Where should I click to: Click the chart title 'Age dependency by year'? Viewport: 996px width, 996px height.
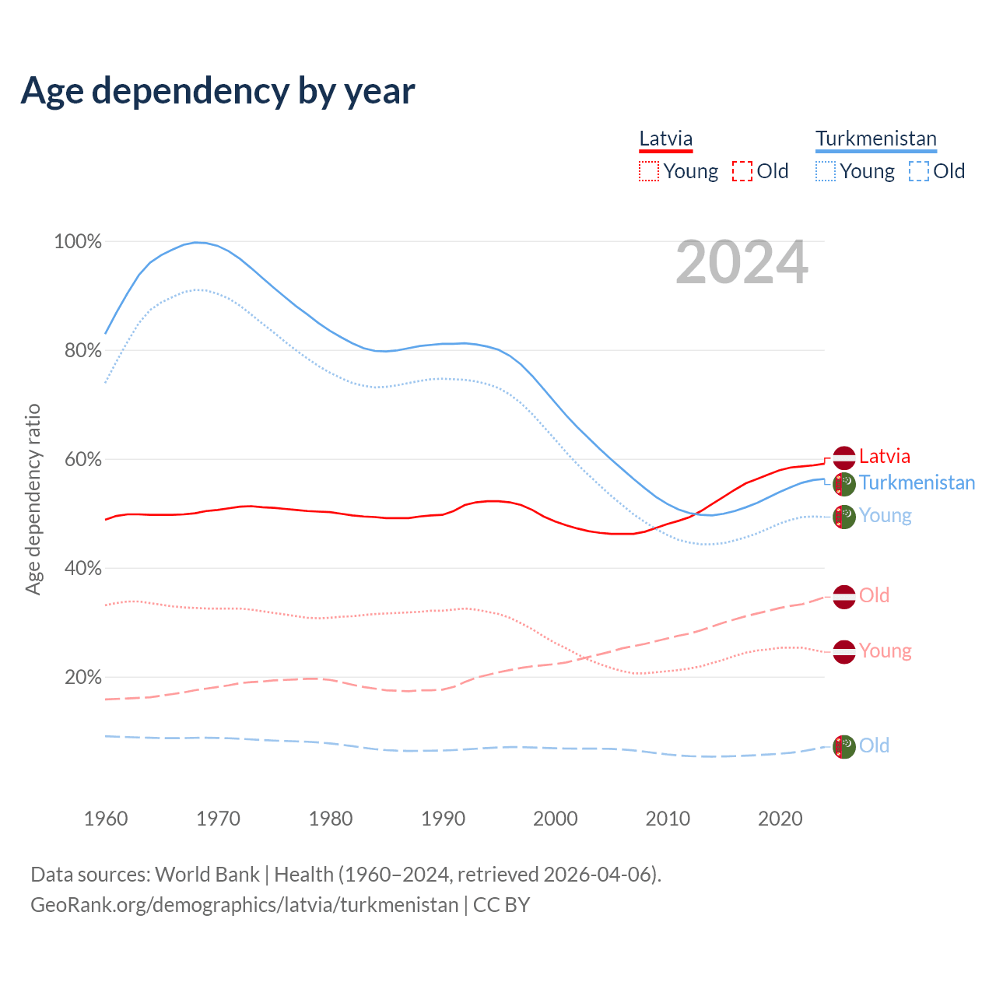click(218, 91)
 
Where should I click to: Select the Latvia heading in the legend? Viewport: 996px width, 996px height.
click(665, 139)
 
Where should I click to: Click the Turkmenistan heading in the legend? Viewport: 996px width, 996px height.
click(875, 139)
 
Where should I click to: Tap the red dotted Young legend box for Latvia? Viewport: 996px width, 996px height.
click(648, 171)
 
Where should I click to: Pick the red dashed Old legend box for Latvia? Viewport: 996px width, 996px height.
click(742, 171)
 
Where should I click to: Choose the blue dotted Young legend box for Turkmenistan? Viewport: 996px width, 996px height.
click(826, 171)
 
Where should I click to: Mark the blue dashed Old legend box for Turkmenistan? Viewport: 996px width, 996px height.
click(919, 171)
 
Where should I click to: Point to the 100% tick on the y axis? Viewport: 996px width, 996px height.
click(78, 242)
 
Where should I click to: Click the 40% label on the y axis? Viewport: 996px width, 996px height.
click(82, 569)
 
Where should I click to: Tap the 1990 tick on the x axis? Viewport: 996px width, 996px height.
click(443, 819)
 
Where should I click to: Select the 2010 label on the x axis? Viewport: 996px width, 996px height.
click(668, 819)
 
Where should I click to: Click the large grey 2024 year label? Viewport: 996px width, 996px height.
click(742, 263)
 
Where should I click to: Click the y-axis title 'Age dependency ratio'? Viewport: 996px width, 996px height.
click(33, 499)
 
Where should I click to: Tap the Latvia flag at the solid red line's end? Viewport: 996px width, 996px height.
click(843, 458)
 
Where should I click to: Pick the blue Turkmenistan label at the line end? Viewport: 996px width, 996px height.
click(917, 482)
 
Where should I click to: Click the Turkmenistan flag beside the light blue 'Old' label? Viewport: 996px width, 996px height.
click(843, 746)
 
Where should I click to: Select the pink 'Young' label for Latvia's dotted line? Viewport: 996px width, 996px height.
click(885, 651)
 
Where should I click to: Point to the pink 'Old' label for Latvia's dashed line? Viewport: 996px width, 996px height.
click(874, 595)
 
